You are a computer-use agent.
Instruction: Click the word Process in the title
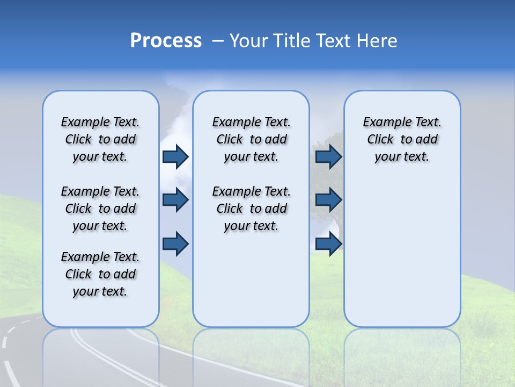166,41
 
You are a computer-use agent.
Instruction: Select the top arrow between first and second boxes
175,156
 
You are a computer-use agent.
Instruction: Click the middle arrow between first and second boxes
175,200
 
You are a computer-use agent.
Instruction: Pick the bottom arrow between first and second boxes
175,244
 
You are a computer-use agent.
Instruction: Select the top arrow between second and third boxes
328,156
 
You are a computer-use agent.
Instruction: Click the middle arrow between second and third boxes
328,200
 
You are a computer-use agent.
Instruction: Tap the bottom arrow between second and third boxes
328,244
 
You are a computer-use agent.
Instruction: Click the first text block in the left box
100,139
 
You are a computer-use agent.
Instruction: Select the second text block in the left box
100,209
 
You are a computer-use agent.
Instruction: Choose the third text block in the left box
100,274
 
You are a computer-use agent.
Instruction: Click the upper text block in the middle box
251,139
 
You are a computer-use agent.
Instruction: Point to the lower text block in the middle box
251,209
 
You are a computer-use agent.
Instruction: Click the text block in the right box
402,139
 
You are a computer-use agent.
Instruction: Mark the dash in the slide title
218,41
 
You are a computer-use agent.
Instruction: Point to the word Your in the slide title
248,41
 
